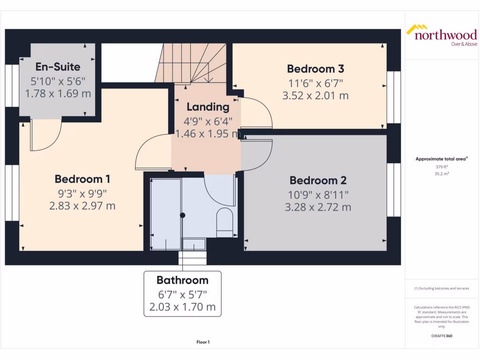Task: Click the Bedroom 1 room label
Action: coord(82,179)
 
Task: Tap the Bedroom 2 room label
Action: coord(317,180)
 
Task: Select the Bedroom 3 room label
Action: coord(315,69)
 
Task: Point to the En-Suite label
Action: coord(58,67)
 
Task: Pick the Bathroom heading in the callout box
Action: coord(182,280)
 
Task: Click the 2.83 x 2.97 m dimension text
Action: coord(82,206)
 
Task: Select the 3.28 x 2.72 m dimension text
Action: coord(317,207)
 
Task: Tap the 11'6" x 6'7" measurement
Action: coord(315,83)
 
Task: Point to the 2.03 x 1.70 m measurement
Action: coord(182,307)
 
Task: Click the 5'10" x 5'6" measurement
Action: coord(58,80)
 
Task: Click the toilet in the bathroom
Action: coord(225,219)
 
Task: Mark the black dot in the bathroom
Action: coord(183,216)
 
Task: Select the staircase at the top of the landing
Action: coord(192,63)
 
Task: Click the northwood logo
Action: coord(441,35)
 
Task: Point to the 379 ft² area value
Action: coord(441,166)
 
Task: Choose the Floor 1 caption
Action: coord(202,342)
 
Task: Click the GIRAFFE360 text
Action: coord(441,336)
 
